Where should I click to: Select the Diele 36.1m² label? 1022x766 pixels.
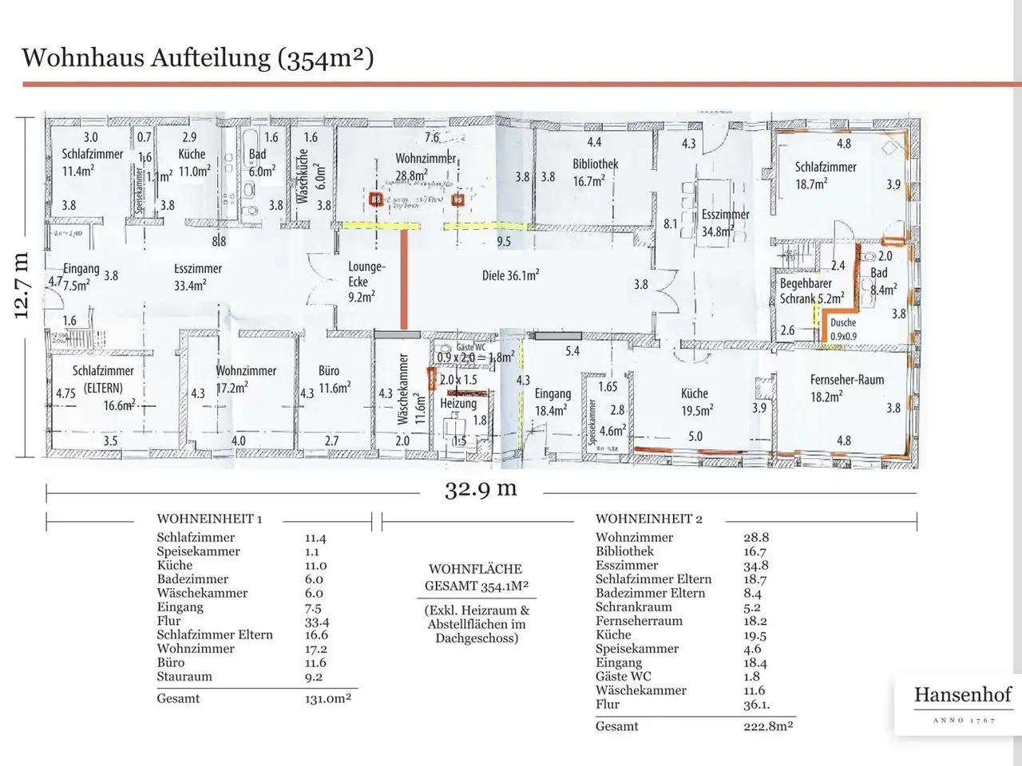click(510, 275)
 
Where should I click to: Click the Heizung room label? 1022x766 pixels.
click(458, 403)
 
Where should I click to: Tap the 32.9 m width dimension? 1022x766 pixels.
click(481, 488)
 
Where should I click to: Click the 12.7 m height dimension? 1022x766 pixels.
click(22, 286)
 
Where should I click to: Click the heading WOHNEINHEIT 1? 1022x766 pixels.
click(209, 519)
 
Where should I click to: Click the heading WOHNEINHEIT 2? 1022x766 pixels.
click(648, 519)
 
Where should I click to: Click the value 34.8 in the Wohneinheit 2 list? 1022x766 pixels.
click(756, 565)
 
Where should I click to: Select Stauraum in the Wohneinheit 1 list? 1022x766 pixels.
click(184, 677)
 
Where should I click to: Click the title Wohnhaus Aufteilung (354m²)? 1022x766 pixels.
click(198, 57)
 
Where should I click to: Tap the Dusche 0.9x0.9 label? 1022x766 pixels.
click(843, 329)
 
